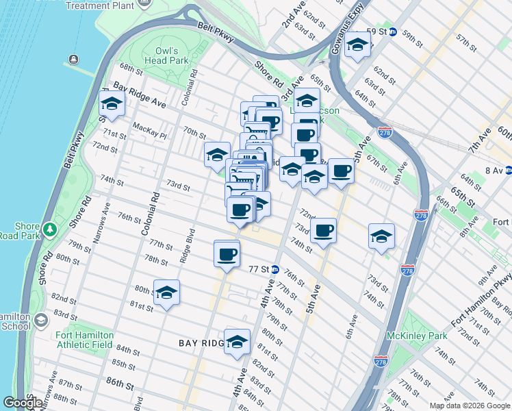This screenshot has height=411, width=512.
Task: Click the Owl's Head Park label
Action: (x=167, y=55)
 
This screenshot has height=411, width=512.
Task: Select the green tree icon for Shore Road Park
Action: (x=49, y=227)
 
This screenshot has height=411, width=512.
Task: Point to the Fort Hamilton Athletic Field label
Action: (x=84, y=340)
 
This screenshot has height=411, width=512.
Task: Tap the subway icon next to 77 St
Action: (x=274, y=269)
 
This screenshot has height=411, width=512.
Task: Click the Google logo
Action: (x=23, y=403)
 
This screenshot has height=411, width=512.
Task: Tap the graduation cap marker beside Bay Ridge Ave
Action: (x=112, y=105)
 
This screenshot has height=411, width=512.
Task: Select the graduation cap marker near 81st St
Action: (x=166, y=293)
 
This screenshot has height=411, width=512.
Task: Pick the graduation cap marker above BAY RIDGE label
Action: (x=237, y=342)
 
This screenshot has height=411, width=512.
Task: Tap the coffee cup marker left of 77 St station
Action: (x=227, y=254)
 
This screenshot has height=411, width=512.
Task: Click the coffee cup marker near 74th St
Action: (x=323, y=230)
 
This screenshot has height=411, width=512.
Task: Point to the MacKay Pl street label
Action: (x=150, y=127)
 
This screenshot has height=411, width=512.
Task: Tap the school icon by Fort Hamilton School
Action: (x=40, y=321)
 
